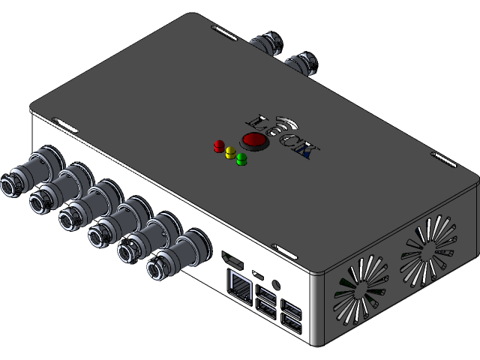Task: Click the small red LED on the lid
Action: [219, 144]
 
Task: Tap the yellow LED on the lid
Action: [230, 151]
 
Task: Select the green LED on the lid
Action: [241, 159]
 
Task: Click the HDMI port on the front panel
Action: [234, 262]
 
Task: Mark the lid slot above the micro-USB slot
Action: [283, 247]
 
